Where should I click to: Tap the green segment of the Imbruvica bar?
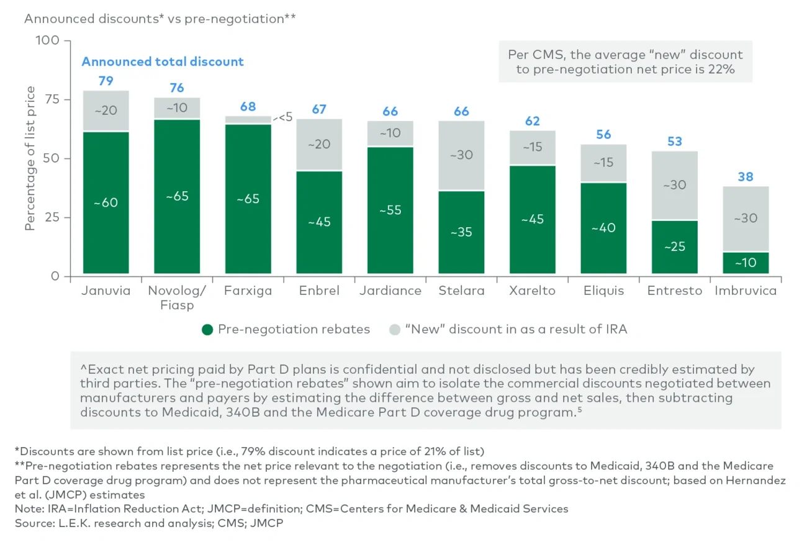pyautogui.click(x=746, y=263)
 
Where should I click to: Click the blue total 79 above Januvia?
pyautogui.click(x=106, y=81)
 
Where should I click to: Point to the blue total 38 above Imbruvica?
pyautogui.click(x=746, y=177)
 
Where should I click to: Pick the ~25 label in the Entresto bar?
pyautogui.click(x=674, y=246)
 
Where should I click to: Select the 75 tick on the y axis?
pyautogui.click(x=50, y=99)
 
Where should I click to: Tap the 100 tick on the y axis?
pyautogui.click(x=47, y=40)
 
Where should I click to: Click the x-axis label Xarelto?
pyautogui.click(x=533, y=291)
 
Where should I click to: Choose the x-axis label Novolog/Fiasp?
pyautogui.click(x=177, y=297)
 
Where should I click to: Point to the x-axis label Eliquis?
pyautogui.click(x=603, y=291)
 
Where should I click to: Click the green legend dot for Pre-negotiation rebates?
pyautogui.click(x=207, y=329)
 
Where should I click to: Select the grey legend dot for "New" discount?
pyautogui.click(x=394, y=329)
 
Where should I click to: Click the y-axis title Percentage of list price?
pyautogui.click(x=30, y=159)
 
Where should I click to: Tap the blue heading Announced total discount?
pyautogui.click(x=163, y=61)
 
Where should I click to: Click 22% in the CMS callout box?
pyautogui.click(x=723, y=70)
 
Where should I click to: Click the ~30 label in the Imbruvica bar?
pyautogui.click(x=746, y=219)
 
